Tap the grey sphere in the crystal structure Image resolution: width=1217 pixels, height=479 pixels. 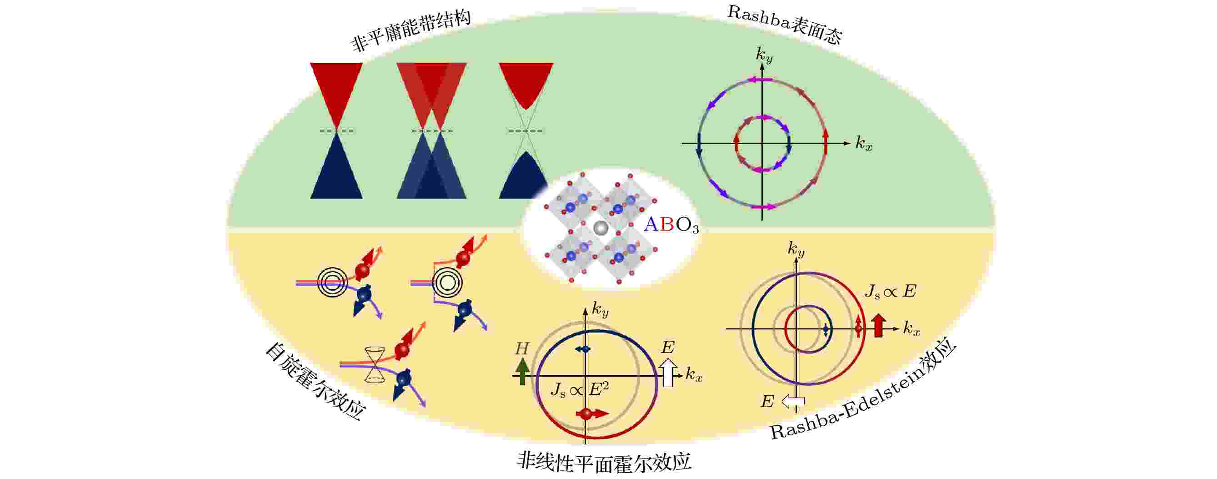point(601,228)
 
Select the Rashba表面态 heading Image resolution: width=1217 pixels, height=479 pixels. point(784,25)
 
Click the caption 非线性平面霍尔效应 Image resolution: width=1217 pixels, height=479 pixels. point(604,462)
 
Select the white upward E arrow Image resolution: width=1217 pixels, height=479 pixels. point(667,373)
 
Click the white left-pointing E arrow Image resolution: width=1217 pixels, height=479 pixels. point(793,402)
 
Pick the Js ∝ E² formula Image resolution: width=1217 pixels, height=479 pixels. point(579,389)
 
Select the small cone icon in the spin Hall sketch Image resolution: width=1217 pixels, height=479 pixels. point(375,364)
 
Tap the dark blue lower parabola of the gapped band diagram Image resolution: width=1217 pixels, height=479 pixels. point(526,176)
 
